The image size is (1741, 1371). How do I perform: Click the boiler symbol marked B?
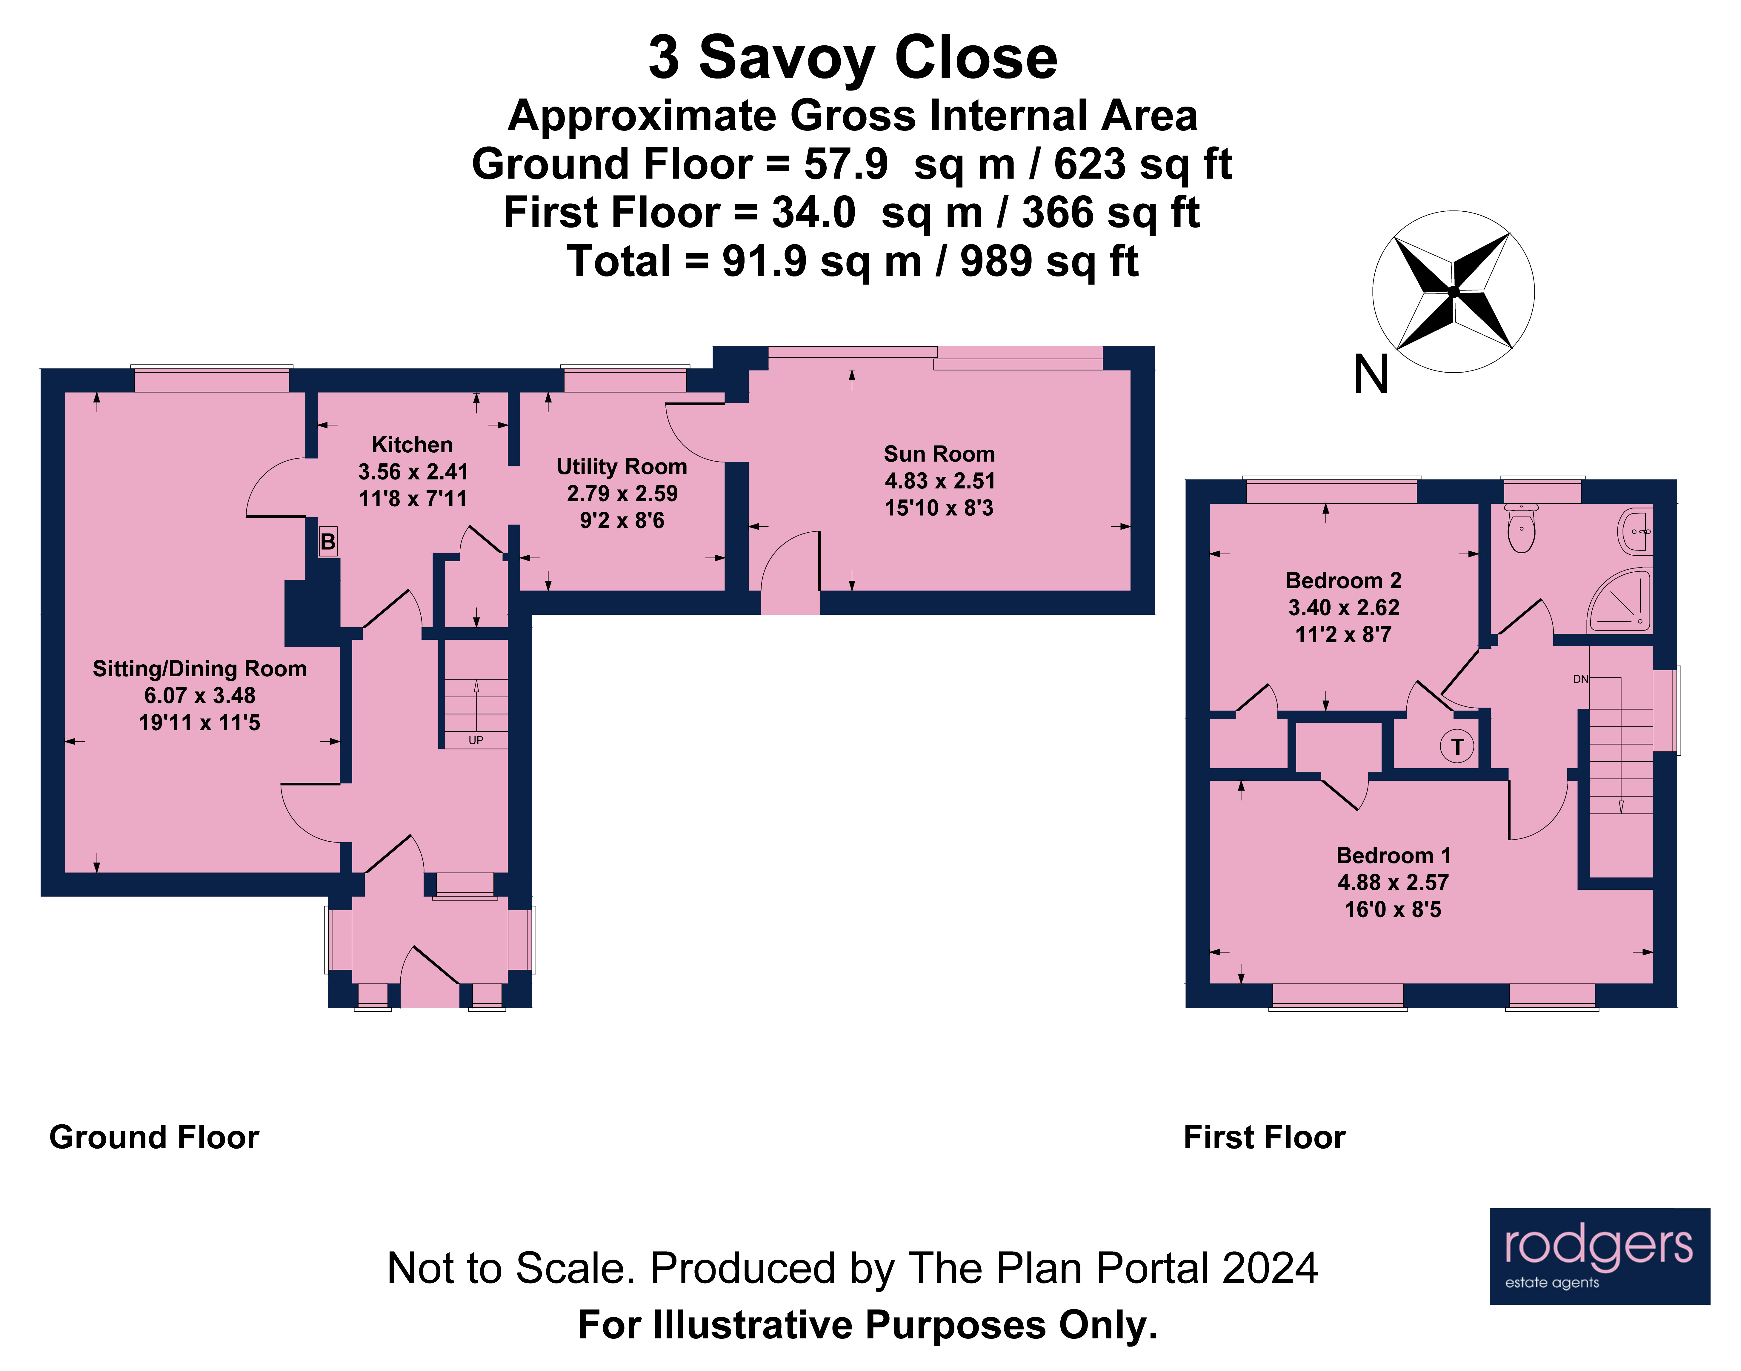coord(327,542)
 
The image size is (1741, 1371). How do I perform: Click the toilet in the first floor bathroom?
coord(1521,530)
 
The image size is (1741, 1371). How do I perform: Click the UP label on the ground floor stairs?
coord(476,740)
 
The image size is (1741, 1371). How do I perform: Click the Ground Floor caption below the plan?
coord(154,1138)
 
